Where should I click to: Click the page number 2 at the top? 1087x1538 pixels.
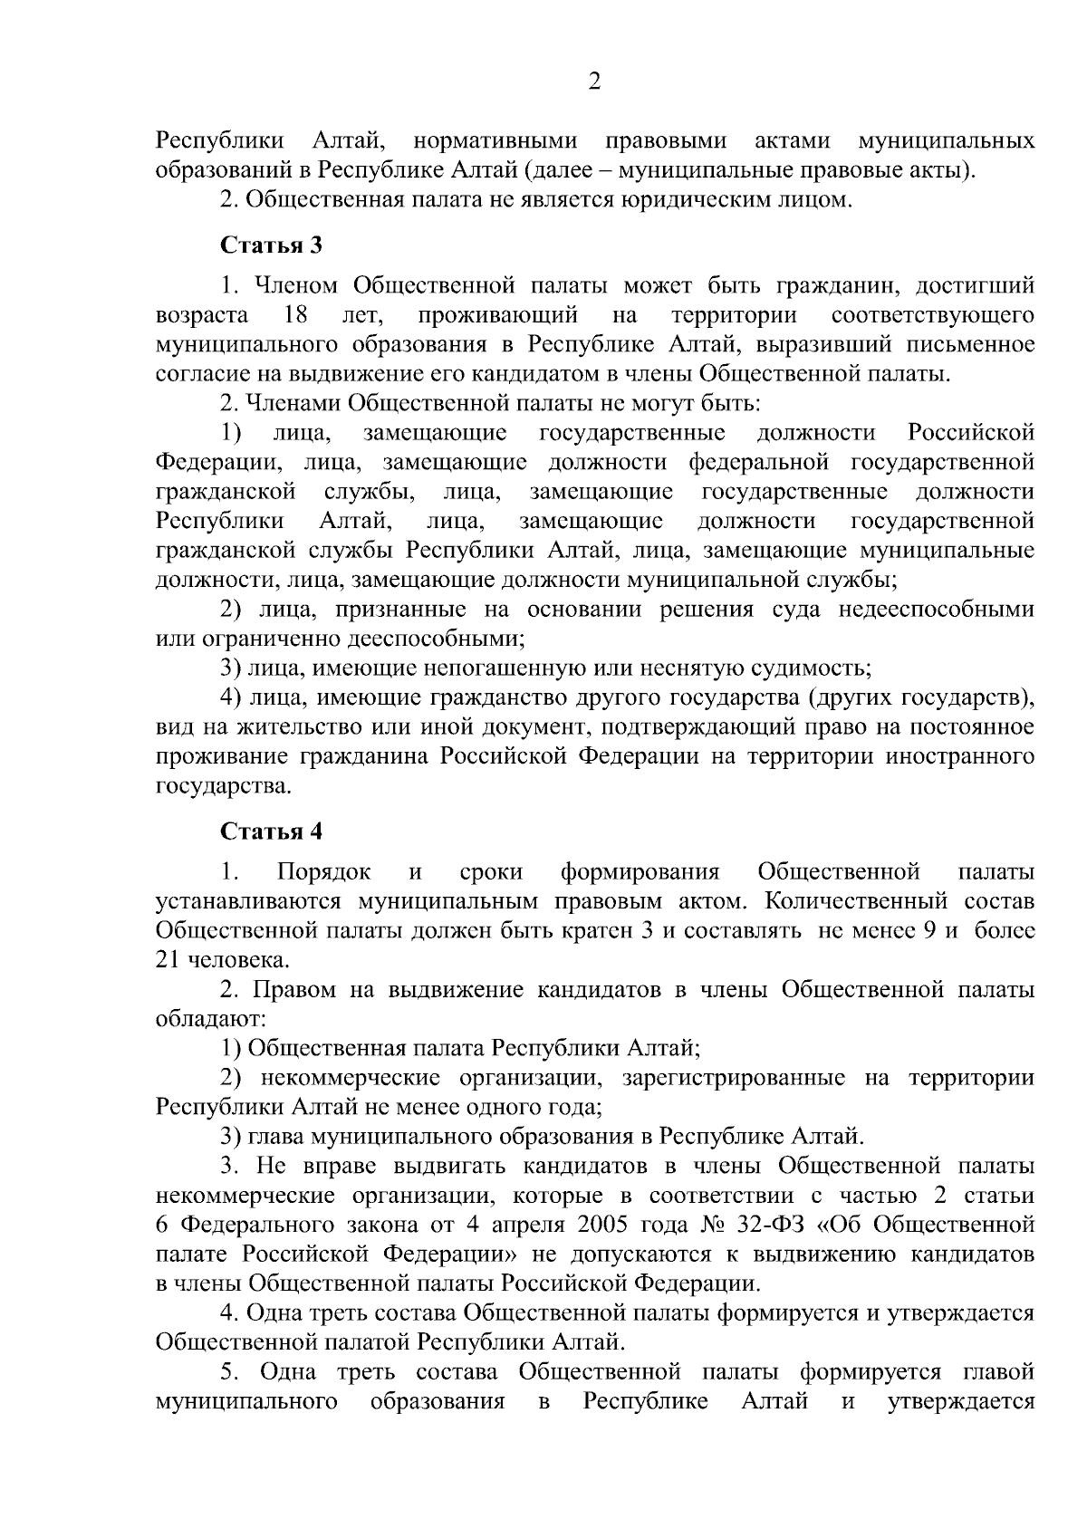(594, 82)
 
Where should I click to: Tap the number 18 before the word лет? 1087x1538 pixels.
(296, 316)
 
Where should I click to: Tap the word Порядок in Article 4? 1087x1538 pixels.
(324, 872)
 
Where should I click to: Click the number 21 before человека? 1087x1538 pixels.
(169, 961)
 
